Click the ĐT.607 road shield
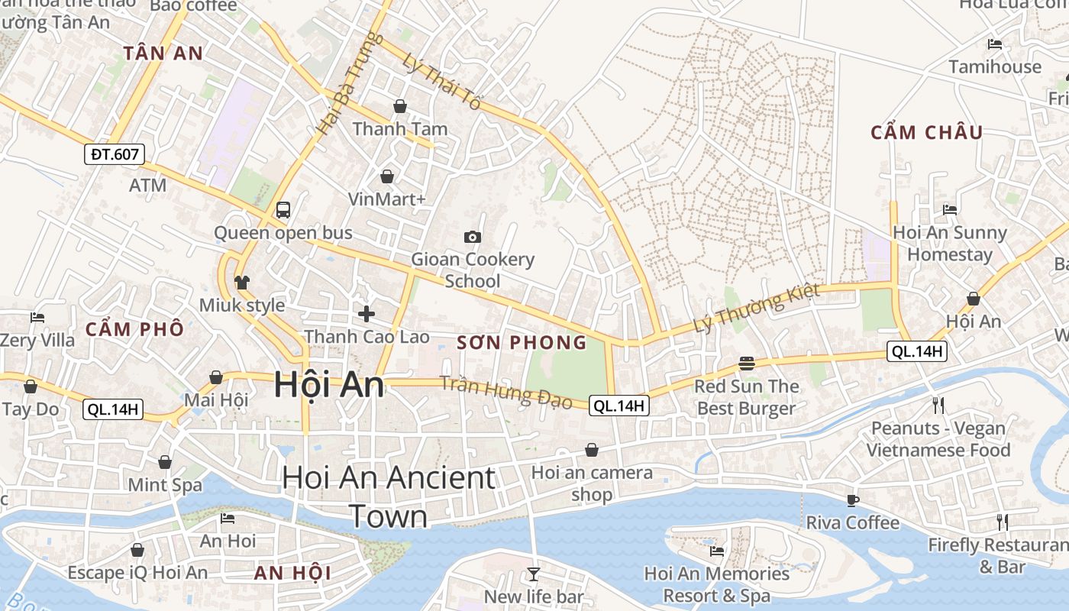[115, 154]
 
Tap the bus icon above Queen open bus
[283, 209]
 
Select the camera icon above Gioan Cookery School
[473, 237]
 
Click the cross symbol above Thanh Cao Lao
[367, 313]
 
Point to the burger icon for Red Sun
[747, 363]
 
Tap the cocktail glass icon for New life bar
[533, 574]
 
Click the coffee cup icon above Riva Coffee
[853, 500]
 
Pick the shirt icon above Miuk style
[242, 283]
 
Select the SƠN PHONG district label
[522, 343]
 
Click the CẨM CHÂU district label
[927, 132]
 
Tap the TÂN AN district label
[163, 53]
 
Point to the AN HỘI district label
[292, 573]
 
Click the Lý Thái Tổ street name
[443, 82]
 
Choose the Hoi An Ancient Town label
[389, 496]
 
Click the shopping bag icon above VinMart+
[387, 176]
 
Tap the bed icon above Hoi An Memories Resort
[716, 551]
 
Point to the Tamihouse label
[995, 67]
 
